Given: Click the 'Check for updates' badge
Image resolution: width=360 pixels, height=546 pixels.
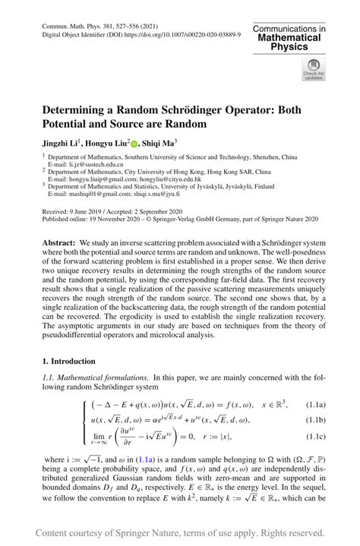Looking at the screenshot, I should (312, 71).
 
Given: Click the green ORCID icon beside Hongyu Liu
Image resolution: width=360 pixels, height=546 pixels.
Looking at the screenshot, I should (135, 142).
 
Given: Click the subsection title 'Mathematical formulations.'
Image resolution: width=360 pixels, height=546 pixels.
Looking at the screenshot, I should (104, 377).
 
